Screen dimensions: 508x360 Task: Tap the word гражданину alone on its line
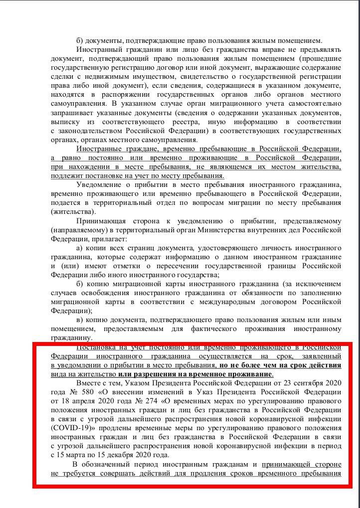pos(70,338)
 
